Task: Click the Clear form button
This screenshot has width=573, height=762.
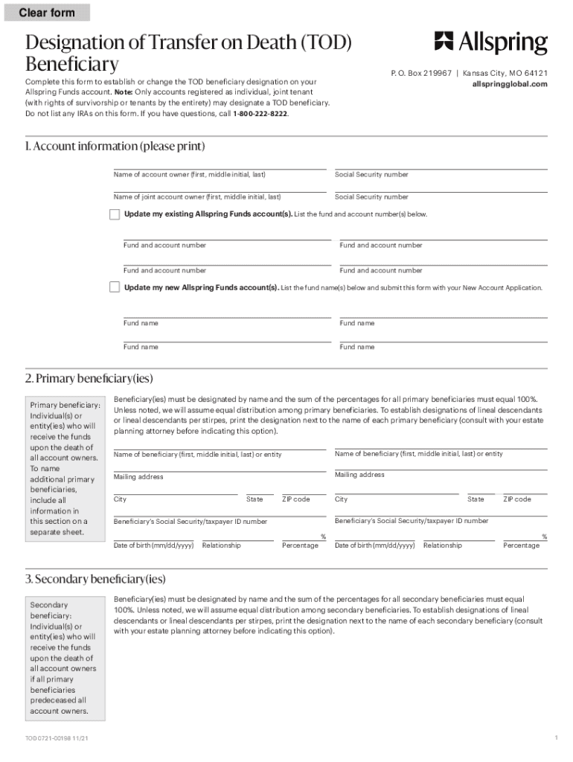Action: click(x=47, y=13)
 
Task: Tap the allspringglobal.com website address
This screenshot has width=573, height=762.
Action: click(x=510, y=84)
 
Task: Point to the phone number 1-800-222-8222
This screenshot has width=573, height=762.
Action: click(x=260, y=114)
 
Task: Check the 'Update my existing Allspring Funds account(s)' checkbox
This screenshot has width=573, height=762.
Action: click(x=115, y=214)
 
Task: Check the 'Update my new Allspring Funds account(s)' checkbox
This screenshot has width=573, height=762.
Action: click(x=115, y=287)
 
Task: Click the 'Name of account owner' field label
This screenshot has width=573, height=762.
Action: click(x=189, y=174)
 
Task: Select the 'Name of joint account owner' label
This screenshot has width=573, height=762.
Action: click(x=196, y=197)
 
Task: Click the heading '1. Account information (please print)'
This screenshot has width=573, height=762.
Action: click(x=115, y=146)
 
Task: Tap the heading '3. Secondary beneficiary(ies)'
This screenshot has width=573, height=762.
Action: click(x=95, y=578)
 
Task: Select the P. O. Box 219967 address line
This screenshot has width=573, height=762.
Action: click(x=423, y=74)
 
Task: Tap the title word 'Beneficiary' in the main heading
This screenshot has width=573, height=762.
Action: click(x=71, y=63)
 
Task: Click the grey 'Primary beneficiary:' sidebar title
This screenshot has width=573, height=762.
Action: click(x=65, y=405)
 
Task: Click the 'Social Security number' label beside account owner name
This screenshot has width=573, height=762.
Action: click(x=371, y=174)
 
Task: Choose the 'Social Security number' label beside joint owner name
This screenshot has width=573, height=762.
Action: click(x=371, y=197)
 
